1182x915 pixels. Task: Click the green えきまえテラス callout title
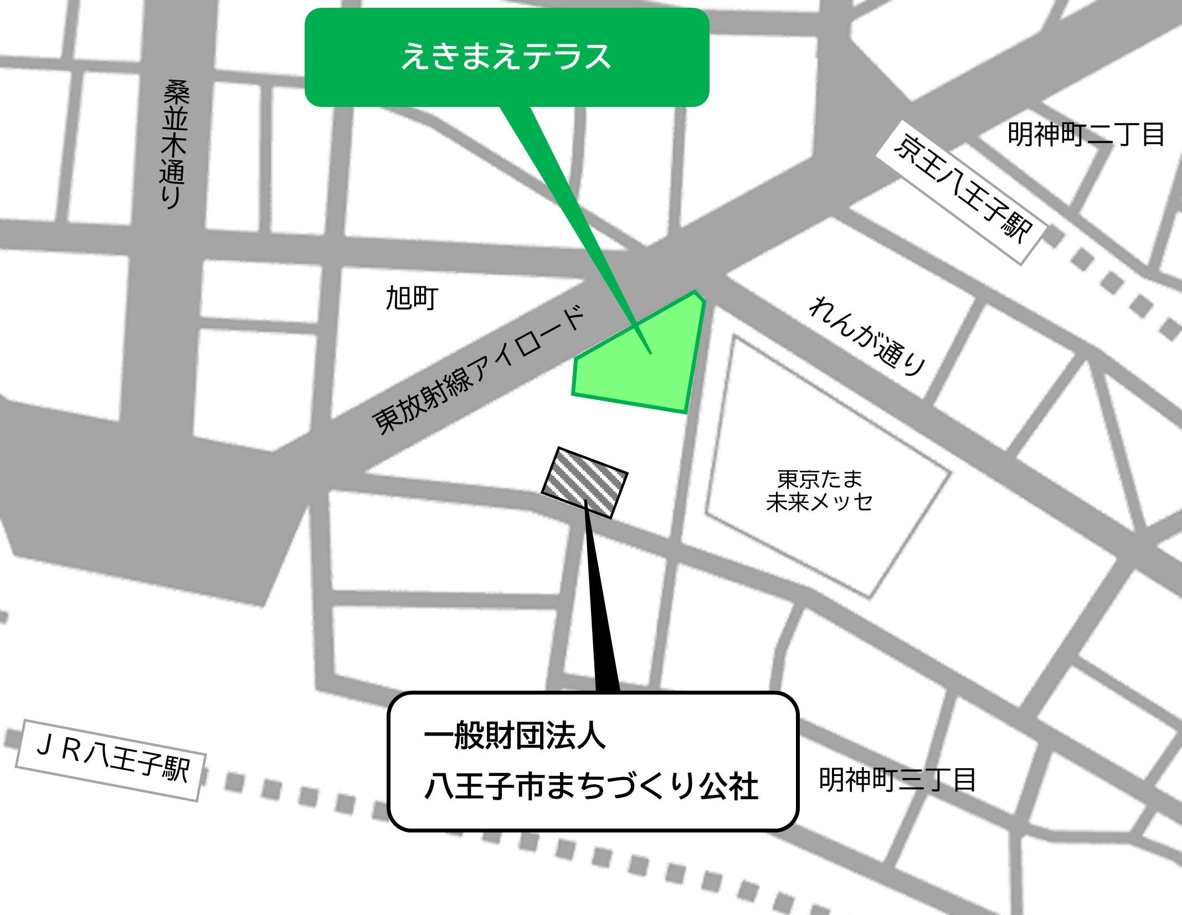(x=506, y=57)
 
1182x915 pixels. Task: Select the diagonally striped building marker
(x=584, y=482)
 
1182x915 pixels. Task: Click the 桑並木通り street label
(x=174, y=144)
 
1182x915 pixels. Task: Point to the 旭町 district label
(x=412, y=299)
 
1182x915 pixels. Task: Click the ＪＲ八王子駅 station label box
(x=111, y=760)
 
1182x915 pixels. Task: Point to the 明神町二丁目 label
(x=1086, y=135)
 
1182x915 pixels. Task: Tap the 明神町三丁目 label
(x=897, y=780)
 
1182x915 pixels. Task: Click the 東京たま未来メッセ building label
(x=819, y=491)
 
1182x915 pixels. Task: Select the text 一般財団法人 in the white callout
(x=515, y=736)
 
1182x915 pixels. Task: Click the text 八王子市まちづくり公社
(x=591, y=786)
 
